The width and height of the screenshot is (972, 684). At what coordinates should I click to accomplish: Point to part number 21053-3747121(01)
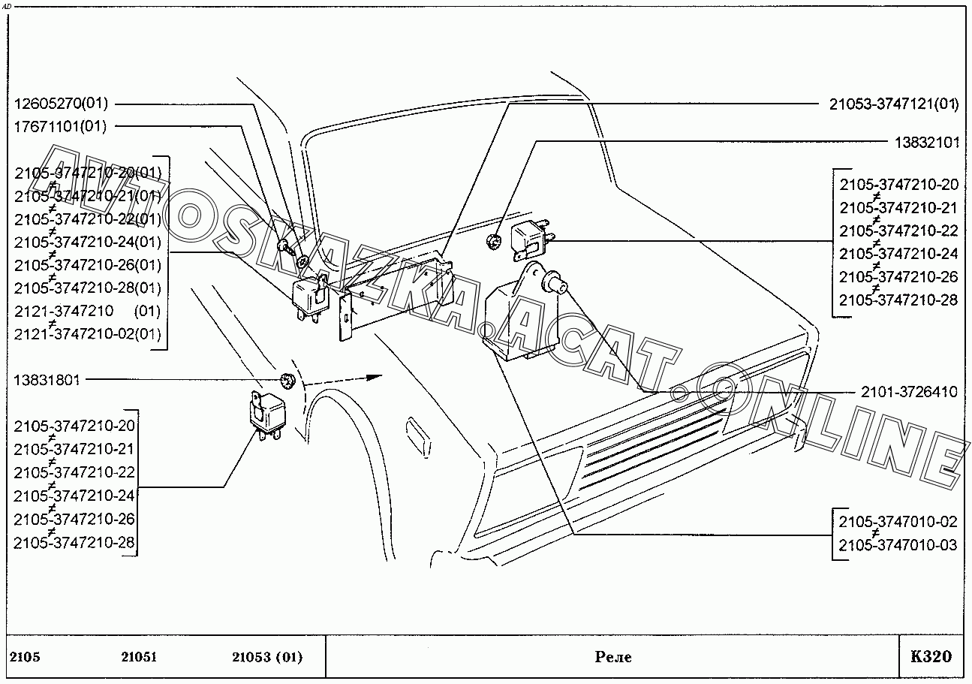point(894,104)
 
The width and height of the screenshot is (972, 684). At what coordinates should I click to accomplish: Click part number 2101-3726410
point(909,392)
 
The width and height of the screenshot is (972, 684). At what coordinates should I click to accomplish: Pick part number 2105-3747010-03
point(898,545)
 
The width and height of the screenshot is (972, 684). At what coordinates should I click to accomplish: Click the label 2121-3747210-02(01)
point(87,334)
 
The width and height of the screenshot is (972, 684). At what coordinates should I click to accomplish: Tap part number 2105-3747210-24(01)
point(87,242)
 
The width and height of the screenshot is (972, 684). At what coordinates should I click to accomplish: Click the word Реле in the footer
point(612,658)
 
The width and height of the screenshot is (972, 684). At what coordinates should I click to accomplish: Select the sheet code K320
point(931,657)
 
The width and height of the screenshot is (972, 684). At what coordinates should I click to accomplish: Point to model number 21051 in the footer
point(139,658)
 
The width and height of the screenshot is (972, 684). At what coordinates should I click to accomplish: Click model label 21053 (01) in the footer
point(267,658)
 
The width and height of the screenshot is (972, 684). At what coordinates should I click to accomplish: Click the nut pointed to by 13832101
point(493,242)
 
